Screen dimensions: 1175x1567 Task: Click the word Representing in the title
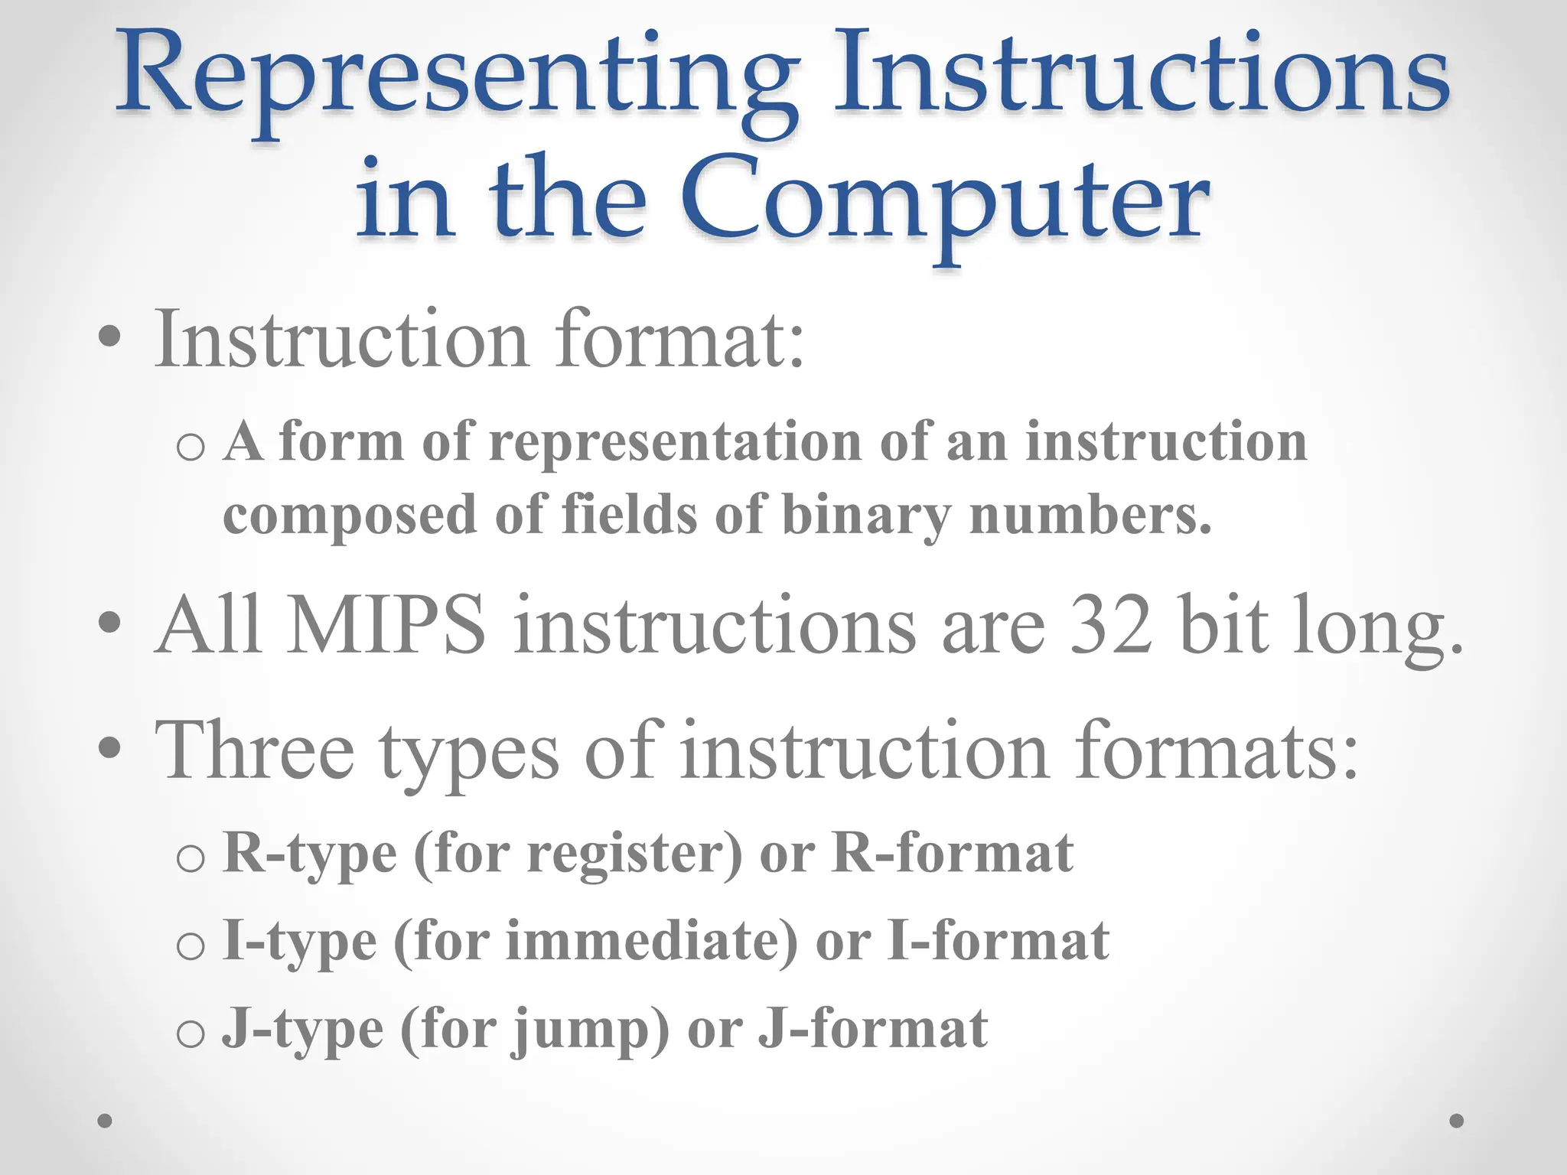point(451,80)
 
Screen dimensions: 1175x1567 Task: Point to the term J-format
point(872,1029)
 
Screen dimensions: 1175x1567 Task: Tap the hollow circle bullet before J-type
point(190,1034)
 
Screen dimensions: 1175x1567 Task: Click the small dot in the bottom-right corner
point(1457,1121)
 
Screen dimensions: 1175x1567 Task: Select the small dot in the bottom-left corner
point(105,1121)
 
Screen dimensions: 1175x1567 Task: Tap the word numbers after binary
point(1090,515)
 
